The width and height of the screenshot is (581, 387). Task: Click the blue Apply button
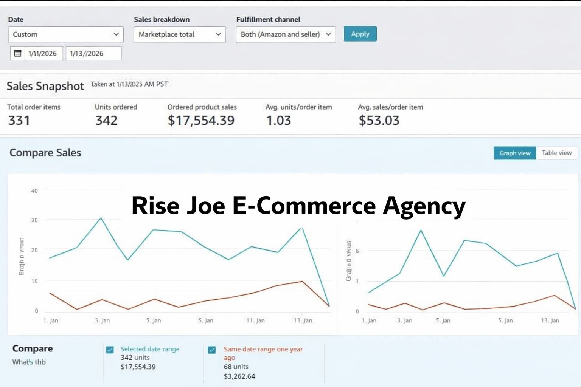360,34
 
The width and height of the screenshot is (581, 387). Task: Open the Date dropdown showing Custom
65,34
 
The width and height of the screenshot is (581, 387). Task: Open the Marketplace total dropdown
180,34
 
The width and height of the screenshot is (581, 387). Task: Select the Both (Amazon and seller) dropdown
286,34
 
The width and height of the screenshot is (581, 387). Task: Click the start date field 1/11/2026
42,53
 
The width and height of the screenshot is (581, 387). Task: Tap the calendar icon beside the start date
18,53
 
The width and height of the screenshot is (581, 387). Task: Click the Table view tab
556,153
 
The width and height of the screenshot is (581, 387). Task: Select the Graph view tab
515,153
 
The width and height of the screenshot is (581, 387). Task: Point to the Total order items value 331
19,121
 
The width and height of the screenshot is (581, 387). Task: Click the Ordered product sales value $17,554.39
201,121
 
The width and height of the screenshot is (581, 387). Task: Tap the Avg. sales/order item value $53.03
379,121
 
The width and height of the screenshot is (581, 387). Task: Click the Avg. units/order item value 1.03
278,121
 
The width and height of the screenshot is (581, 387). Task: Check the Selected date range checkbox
110,350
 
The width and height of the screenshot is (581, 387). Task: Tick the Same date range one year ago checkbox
212,350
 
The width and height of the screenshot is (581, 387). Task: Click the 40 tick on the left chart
34,191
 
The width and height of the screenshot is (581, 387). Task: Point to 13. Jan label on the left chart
303,320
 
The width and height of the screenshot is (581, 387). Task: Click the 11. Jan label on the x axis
255,320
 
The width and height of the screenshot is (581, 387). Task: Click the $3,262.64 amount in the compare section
239,376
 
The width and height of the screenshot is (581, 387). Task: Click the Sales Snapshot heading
45,86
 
